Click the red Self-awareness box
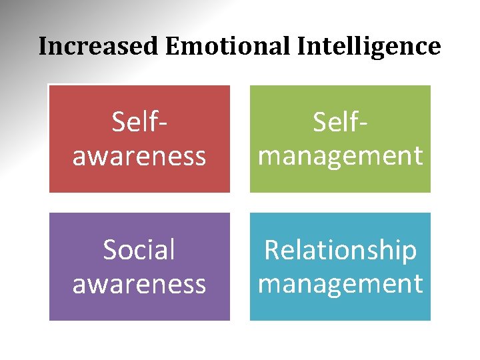[x=139, y=139]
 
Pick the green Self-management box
[x=340, y=139]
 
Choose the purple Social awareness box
[x=139, y=267]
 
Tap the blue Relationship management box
[x=340, y=267]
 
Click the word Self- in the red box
[x=139, y=122]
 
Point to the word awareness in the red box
[x=139, y=156]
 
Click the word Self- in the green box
[x=340, y=122]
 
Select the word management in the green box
[x=340, y=156]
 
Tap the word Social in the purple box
[x=139, y=250]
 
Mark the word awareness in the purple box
[x=139, y=284]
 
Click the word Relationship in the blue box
[x=340, y=250]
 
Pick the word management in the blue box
[x=340, y=284]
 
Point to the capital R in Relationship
[x=273, y=250]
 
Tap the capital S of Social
[x=111, y=251]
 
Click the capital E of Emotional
[x=172, y=47]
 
